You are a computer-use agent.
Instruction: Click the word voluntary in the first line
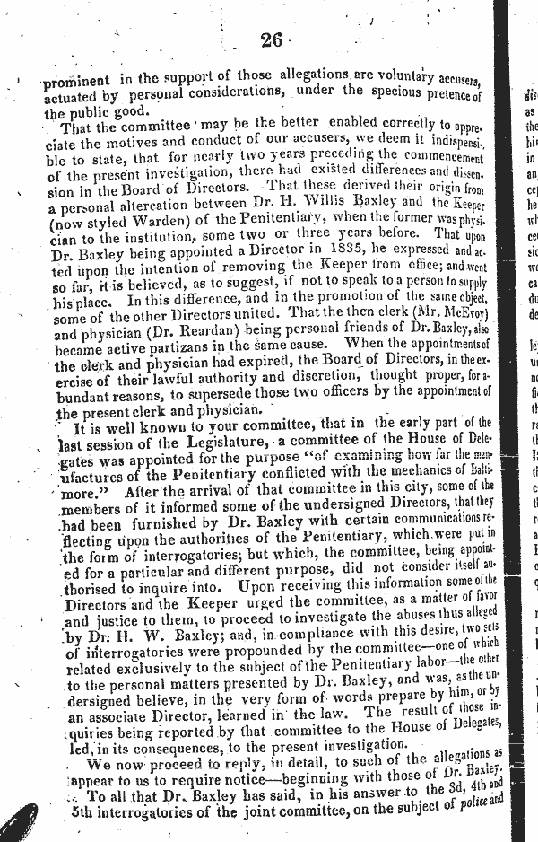[x=386, y=81]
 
